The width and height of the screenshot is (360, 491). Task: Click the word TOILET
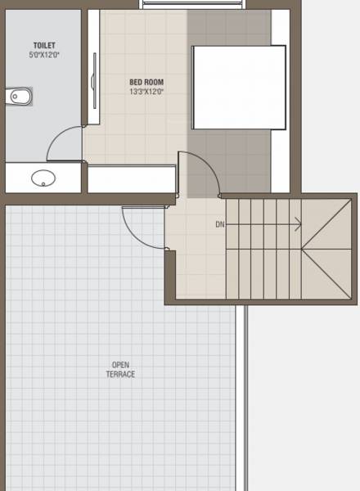click(x=44, y=46)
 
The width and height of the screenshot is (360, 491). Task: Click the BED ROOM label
click(x=146, y=82)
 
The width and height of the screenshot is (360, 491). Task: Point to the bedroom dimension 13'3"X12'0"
click(x=146, y=92)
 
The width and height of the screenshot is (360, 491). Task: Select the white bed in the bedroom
click(x=239, y=87)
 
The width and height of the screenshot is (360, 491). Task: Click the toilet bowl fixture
click(x=17, y=97)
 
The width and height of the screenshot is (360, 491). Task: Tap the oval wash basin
click(x=41, y=177)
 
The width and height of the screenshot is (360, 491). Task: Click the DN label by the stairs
click(x=219, y=224)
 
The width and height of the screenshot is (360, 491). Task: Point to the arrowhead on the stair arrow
click(x=299, y=224)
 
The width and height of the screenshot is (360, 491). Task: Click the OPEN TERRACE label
click(x=119, y=370)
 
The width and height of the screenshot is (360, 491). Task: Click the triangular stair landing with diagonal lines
click(x=327, y=249)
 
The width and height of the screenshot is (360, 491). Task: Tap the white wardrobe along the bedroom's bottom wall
click(x=131, y=178)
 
